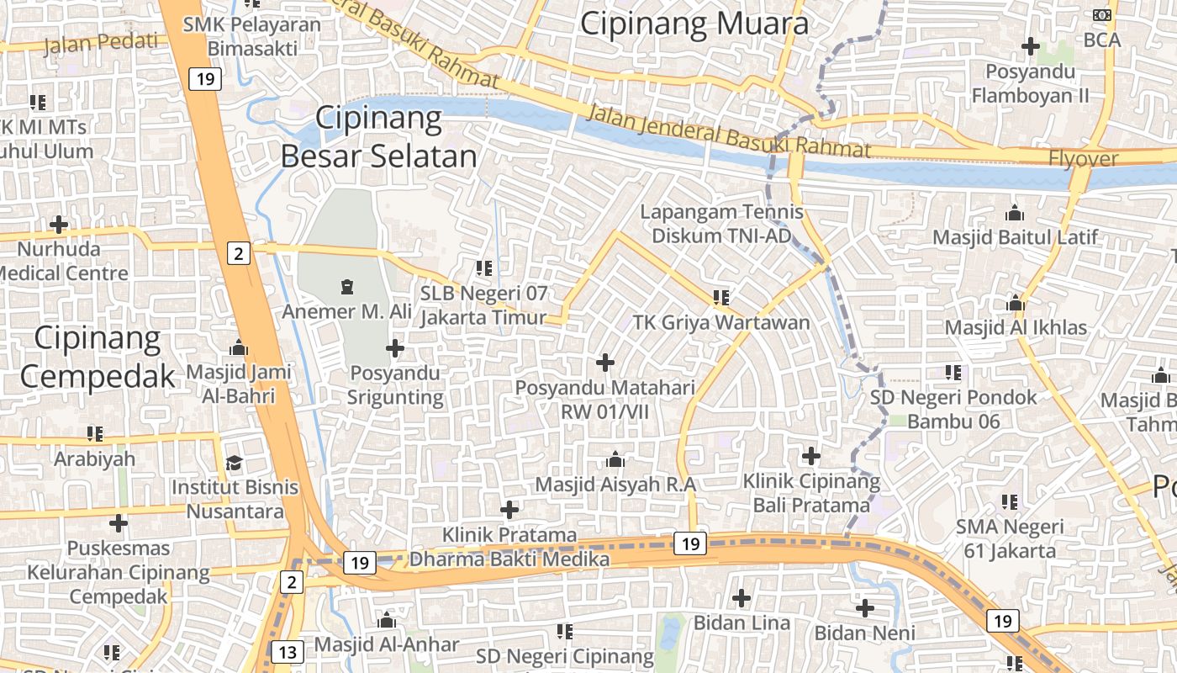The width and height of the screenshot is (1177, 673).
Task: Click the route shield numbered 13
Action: [288, 652]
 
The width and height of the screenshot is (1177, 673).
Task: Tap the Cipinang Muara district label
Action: [694, 24]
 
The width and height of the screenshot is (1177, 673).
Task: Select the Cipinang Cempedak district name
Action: [97, 357]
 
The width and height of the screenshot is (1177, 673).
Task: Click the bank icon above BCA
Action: [1101, 15]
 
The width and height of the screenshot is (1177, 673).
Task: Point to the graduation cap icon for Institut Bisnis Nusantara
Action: [234, 464]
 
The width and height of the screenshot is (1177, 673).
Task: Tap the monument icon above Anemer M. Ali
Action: [346, 288]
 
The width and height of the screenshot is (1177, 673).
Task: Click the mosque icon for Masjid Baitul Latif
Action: [1015, 213]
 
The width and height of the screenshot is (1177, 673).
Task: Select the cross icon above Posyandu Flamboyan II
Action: [1030, 46]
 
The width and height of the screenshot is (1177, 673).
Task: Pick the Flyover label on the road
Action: [1083, 158]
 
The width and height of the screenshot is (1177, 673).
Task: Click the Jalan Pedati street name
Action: [101, 41]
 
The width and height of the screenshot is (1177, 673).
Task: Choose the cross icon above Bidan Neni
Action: [865, 608]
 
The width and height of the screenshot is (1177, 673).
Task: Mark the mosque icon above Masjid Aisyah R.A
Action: [615, 460]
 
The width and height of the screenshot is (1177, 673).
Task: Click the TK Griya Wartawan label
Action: [721, 322]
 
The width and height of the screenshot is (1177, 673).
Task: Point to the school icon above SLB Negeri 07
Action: [483, 268]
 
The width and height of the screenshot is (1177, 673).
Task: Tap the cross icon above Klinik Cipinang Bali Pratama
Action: [811, 456]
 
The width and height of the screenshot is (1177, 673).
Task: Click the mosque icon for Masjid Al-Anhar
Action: [387, 621]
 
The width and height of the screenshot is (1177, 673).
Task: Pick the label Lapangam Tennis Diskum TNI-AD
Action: [721, 224]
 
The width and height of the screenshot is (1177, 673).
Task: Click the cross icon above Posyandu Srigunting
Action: [395, 347]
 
